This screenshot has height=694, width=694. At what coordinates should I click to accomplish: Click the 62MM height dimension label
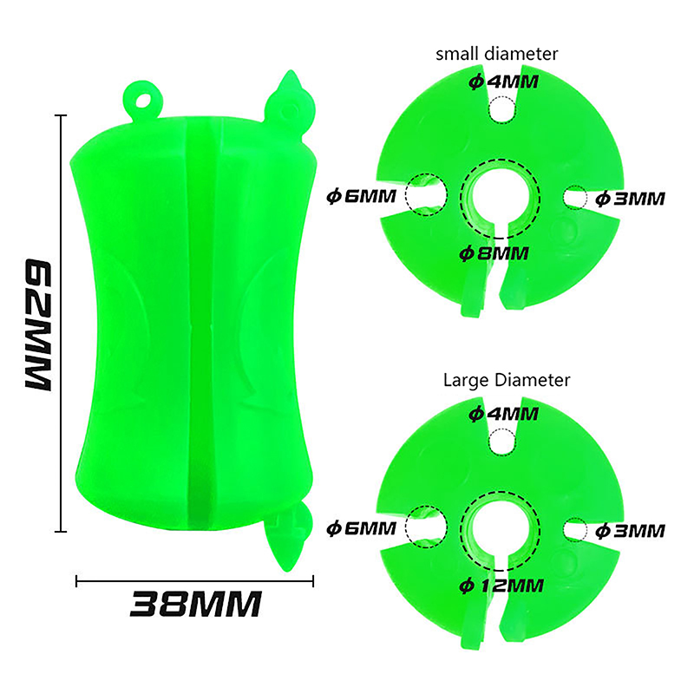pos(38,324)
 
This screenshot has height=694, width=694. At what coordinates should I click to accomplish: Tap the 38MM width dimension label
pos(196,604)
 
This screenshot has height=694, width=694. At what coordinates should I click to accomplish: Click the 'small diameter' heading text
pos(496,54)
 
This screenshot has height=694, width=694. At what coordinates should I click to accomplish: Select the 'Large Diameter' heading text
pos(507,380)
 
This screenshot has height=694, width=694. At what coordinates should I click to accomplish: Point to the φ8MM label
pos(494,253)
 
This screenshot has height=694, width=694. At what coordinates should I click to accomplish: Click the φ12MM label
pos(501,586)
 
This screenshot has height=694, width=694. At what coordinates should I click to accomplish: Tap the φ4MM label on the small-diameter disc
pos(504,82)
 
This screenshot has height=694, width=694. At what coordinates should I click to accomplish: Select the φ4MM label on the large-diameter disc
pos(504,415)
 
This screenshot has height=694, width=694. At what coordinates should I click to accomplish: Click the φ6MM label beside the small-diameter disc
pos(361,196)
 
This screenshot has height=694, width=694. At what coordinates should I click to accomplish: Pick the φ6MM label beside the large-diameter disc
pos(361,528)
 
